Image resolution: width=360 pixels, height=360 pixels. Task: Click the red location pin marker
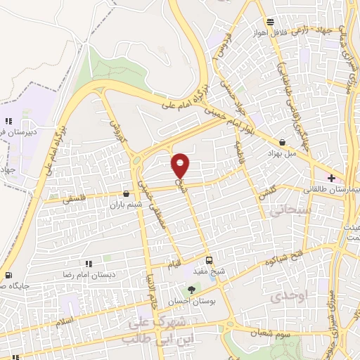coord(181,165)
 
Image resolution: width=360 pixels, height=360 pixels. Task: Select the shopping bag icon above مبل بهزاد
coord(282,141)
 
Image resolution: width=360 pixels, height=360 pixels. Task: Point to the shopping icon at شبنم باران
coord(126,193)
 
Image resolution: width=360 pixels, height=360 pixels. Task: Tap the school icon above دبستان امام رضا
coord(88,262)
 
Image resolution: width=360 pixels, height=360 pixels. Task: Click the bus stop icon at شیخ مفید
coord(207,259)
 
